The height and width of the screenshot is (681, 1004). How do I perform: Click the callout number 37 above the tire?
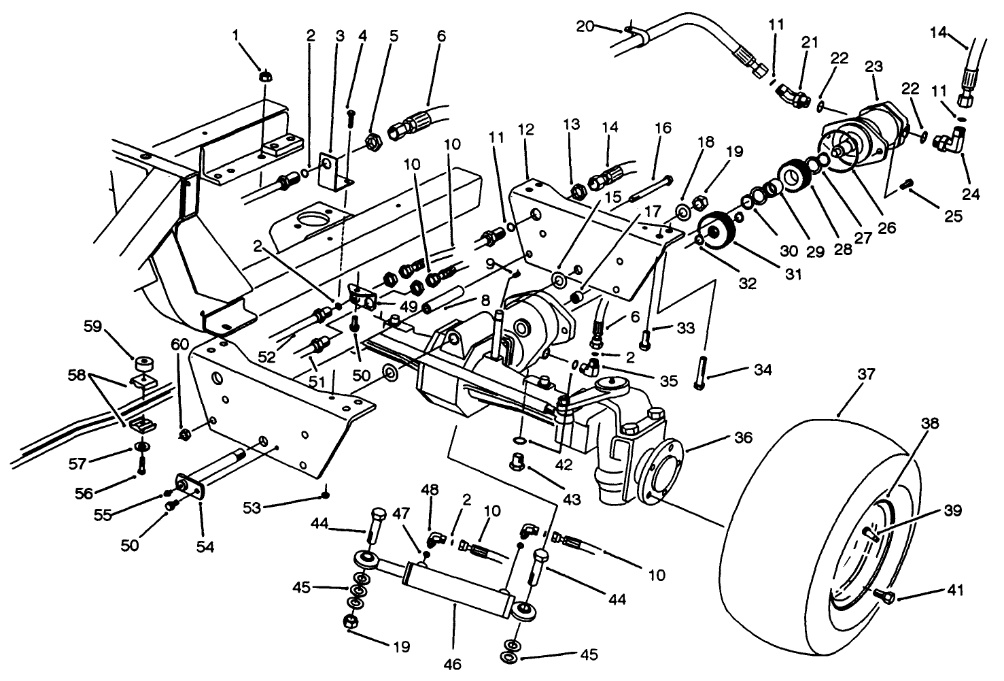point(847,374)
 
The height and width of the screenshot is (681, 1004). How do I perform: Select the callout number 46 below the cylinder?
point(453,663)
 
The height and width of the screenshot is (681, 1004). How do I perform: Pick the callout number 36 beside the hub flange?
point(743,438)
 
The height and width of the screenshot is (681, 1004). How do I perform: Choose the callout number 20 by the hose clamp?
point(585,27)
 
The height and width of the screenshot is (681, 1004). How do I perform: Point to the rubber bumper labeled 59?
point(143,361)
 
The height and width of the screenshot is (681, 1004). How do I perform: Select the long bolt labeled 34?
point(699,371)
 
